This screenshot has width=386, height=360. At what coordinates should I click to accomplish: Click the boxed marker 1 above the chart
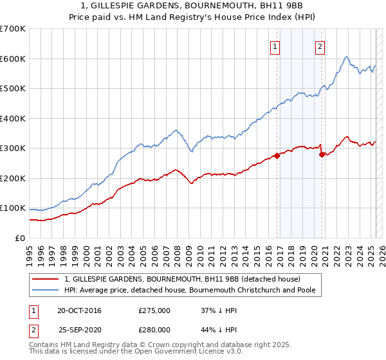(x=275, y=46)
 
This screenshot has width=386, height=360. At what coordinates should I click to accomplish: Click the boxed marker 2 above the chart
(x=320, y=46)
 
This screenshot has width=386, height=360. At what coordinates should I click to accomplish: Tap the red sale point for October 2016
(x=277, y=155)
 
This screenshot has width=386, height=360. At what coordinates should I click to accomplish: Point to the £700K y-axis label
(x=13, y=29)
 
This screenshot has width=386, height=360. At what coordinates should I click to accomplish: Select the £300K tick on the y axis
(x=13, y=148)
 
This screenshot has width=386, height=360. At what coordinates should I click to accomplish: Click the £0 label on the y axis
(x=20, y=238)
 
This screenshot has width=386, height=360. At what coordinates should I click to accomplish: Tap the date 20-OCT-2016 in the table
(x=79, y=310)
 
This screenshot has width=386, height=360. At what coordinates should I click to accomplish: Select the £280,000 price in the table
(x=154, y=329)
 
